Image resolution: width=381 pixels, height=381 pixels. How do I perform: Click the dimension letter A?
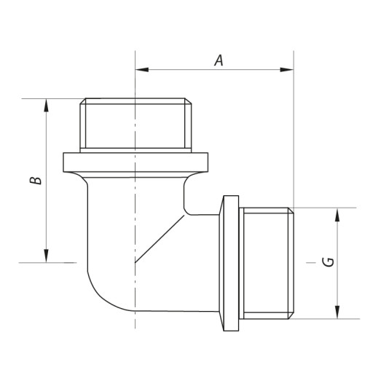click(218, 60)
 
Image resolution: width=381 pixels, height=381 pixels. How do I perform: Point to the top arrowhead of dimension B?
click(47, 104)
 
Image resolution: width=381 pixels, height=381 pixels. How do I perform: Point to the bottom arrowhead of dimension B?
click(47, 256)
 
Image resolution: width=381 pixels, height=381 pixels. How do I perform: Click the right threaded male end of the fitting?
click(267, 263)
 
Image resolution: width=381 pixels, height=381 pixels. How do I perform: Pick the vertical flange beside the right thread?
click(230, 263)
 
